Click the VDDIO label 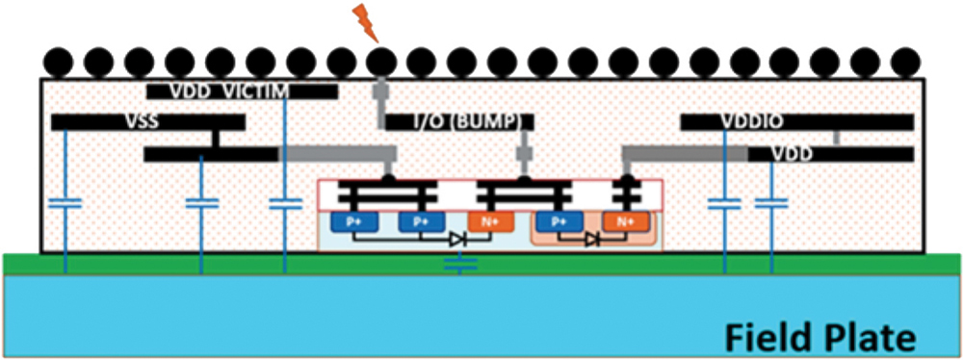pos(752,122)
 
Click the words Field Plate pos(818,337)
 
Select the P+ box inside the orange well pos(557,220)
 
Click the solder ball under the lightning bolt pos(382,64)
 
